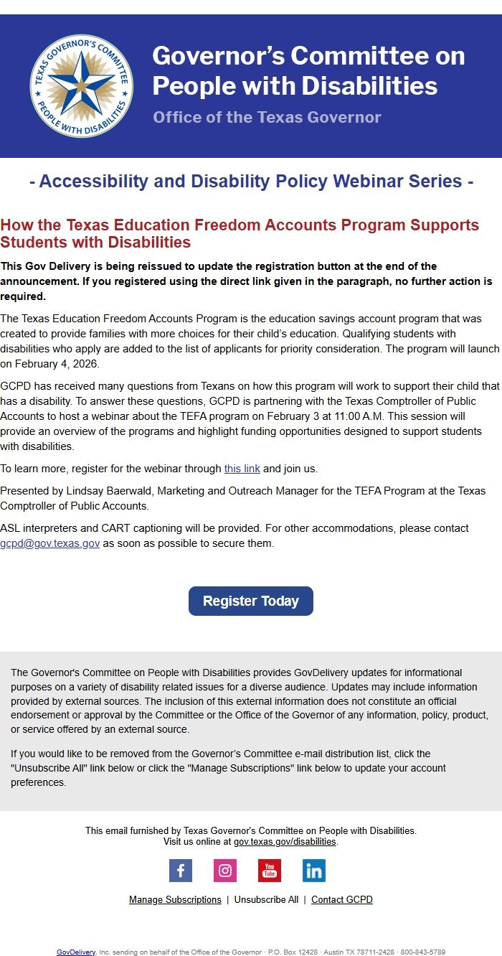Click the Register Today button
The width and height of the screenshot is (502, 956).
[x=250, y=601]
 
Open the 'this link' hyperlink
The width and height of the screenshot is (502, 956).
[x=242, y=469]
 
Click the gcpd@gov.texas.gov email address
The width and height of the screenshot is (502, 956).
[x=49, y=543]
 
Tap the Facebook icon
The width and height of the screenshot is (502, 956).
[x=181, y=871]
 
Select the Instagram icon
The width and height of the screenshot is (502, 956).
[x=225, y=871]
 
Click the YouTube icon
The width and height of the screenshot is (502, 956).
[x=270, y=871]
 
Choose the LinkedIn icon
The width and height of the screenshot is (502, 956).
[x=314, y=871]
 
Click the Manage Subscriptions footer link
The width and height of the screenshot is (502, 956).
[x=175, y=899]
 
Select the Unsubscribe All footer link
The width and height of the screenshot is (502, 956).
[x=266, y=899]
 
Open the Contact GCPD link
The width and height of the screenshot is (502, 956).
[x=342, y=899]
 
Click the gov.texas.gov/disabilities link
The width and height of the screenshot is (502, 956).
[x=285, y=841]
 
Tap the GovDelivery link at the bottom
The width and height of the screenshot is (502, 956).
[x=76, y=952]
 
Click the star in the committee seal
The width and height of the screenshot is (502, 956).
[x=81, y=86]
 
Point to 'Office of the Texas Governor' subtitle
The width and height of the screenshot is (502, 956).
[x=267, y=117]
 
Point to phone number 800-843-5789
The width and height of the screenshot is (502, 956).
[x=423, y=952]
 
